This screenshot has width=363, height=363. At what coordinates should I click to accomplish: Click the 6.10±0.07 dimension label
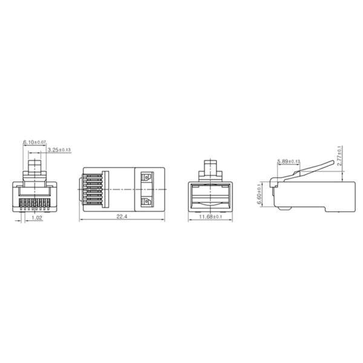pos(35,142)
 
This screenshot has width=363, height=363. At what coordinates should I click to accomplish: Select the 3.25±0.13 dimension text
pos(59,149)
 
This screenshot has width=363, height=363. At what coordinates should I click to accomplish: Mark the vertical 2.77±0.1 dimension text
pos(340,155)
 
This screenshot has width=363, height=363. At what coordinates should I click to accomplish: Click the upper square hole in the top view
pos(145,177)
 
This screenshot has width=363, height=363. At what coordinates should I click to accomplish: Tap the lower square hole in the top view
pos(145,201)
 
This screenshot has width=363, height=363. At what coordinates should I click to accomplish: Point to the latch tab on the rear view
pos(211,166)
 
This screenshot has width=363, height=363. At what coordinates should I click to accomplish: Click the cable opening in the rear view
pos(211,194)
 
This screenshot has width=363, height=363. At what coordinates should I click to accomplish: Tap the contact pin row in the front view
pos(36,201)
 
